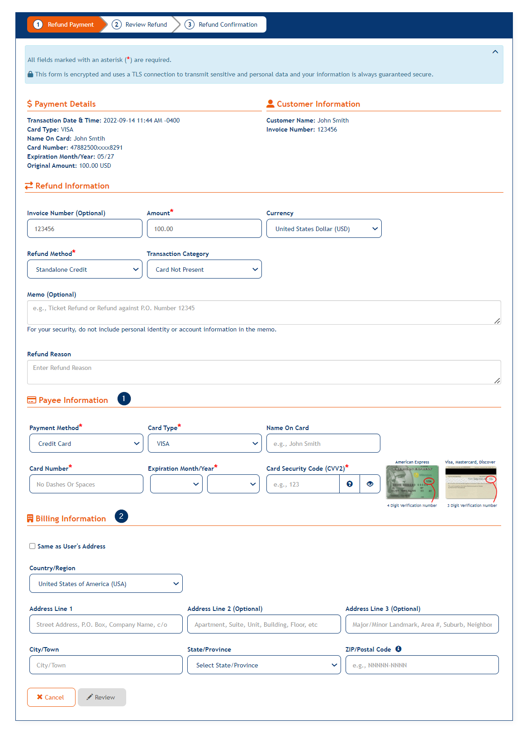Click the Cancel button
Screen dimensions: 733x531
(51, 697)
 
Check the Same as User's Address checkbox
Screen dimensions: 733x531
(33, 546)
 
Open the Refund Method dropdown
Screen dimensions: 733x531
(85, 270)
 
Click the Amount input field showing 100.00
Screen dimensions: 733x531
(204, 229)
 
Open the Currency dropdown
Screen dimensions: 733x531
(324, 229)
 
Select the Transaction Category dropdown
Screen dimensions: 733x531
(204, 270)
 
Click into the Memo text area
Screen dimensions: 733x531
(264, 312)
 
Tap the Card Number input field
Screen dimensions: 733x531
(86, 484)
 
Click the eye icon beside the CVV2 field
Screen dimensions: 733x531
(370, 484)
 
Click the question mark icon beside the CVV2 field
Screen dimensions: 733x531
(350, 484)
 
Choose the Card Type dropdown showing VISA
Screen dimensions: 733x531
(204, 444)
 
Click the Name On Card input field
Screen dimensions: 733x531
(323, 444)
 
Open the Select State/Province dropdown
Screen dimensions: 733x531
(264, 665)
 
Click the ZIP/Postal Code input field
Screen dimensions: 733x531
(422, 665)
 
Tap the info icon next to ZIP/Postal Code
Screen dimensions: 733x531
(398, 649)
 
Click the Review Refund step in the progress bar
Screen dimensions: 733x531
(140, 24)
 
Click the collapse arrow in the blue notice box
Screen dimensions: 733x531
(495, 52)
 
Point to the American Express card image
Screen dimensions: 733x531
(412, 482)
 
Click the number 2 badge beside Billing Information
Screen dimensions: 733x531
(121, 516)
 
